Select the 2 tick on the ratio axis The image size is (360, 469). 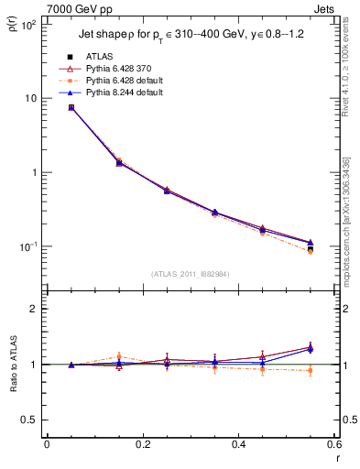[x=34, y=309]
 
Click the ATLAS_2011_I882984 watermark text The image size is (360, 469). [x=190, y=274]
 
